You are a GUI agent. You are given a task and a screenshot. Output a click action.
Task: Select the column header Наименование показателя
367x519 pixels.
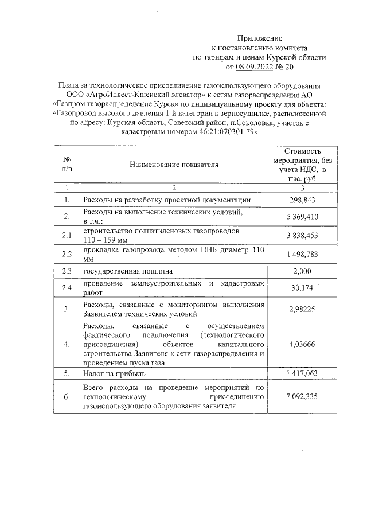pyautogui.click(x=174, y=165)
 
